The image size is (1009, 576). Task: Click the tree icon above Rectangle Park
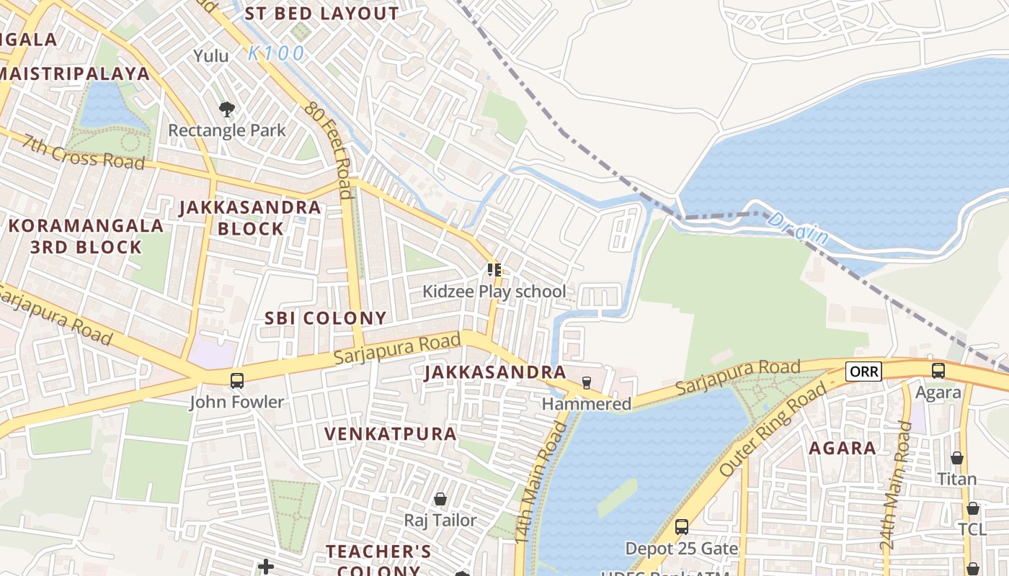tap(227, 109)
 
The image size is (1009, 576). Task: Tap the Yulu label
tap(211, 56)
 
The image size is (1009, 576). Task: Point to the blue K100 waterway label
tap(276, 53)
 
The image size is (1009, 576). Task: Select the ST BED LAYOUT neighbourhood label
tap(321, 14)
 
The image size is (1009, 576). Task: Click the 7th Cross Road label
tap(83, 151)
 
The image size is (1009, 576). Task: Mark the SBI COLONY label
tap(326, 318)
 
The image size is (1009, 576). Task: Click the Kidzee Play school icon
tap(494, 270)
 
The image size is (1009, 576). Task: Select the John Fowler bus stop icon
tap(236, 381)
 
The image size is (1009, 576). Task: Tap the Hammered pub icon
tap(587, 382)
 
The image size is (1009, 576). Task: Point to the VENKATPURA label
tap(390, 434)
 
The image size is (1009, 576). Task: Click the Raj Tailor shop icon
tap(440, 499)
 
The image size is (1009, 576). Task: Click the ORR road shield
tap(863, 372)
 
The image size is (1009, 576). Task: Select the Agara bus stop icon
tap(938, 371)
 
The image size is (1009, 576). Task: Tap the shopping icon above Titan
tap(956, 458)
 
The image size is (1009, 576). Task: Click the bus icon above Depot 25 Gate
tap(681, 527)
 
